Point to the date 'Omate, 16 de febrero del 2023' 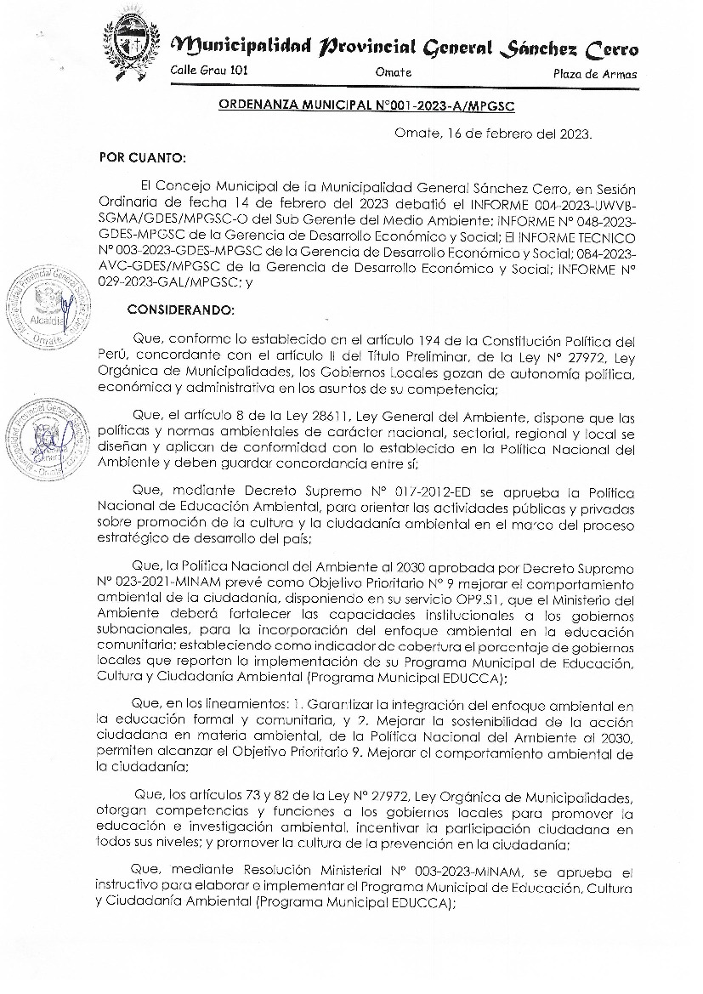[494, 133]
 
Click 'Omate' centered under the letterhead [393, 72]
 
